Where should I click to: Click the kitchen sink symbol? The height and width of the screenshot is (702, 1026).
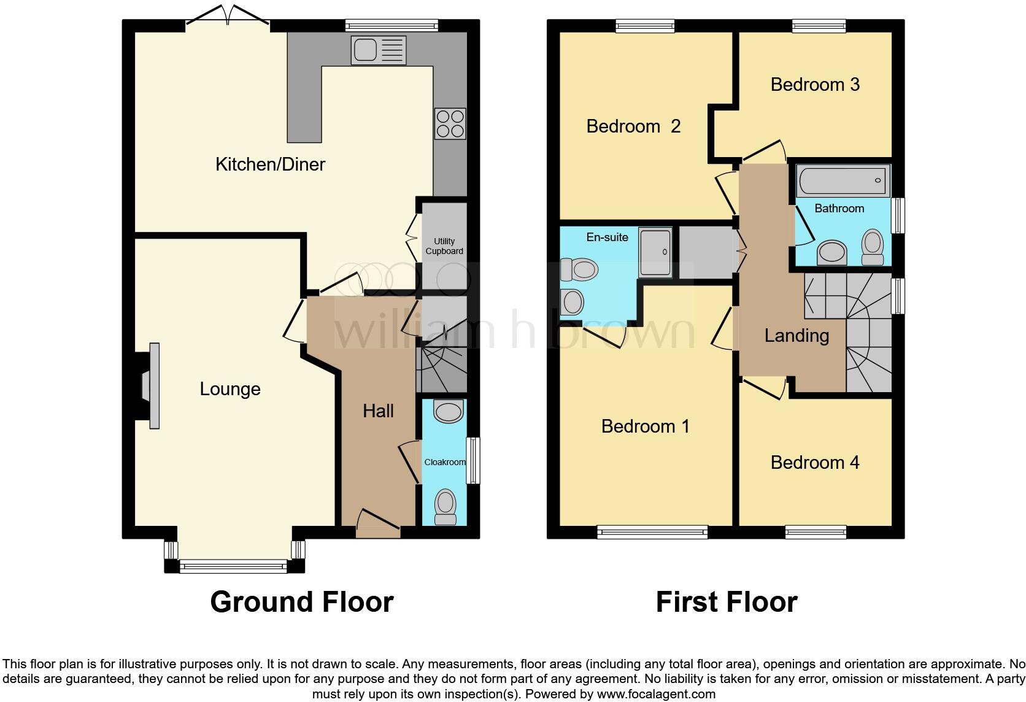click(379, 50)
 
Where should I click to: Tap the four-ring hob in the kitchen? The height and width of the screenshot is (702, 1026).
click(450, 123)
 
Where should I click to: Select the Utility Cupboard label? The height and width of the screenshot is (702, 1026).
click(444, 246)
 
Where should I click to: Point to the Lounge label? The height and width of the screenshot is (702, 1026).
click(230, 389)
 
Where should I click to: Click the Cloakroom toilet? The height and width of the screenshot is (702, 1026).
click(445, 507)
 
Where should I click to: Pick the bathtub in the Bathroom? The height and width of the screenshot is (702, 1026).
click(843, 180)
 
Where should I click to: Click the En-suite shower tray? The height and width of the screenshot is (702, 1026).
click(655, 252)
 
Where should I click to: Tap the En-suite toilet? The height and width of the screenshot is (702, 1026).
click(579, 269)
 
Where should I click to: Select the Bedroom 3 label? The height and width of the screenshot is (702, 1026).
click(814, 85)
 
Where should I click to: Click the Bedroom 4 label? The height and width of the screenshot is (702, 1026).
click(814, 463)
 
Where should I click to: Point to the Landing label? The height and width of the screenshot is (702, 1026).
click(796, 336)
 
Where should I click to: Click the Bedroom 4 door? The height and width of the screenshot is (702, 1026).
click(764, 388)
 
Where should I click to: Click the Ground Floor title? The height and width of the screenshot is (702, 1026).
click(301, 602)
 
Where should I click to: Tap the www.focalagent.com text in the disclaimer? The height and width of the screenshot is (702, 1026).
click(656, 695)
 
